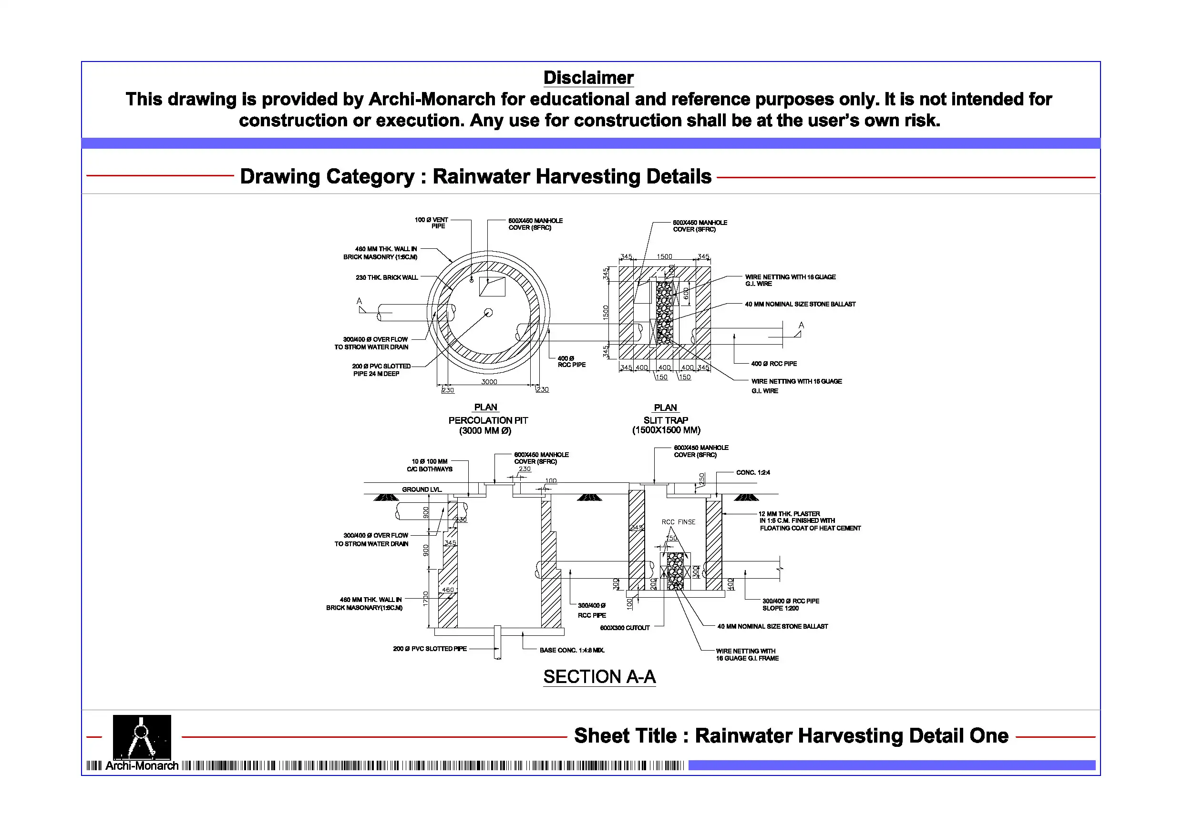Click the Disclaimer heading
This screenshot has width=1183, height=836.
[588, 78]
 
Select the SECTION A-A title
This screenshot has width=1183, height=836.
[599, 676]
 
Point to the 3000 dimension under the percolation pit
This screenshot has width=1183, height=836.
[489, 382]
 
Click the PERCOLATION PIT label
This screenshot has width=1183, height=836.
[488, 420]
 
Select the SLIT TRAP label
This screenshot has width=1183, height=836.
[666, 420]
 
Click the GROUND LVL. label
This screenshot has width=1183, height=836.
[422, 489]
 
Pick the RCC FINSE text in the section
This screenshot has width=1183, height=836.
[678, 522]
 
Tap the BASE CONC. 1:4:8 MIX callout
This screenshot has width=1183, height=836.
[572, 650]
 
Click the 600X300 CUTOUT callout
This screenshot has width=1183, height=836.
[625, 627]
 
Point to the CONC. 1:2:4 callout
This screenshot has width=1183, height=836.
[753, 472]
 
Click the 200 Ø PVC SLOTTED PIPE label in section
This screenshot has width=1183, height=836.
[430, 649]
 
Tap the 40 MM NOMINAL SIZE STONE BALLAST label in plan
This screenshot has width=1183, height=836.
[800, 304]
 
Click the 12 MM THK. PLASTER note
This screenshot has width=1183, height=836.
[809, 521]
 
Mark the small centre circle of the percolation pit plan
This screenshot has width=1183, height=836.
[488, 312]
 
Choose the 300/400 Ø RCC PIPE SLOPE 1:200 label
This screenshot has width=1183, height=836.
[791, 604]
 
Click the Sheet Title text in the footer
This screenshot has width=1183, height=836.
[791, 735]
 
